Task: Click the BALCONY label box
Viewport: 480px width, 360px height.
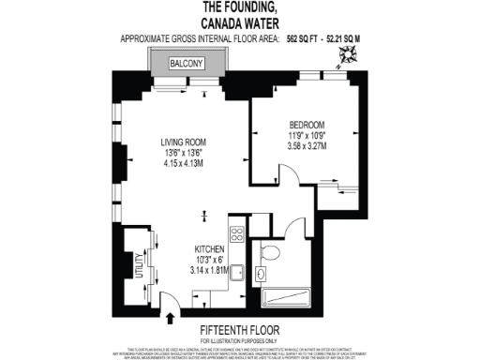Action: pos(187,64)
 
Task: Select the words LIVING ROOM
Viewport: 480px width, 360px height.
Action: pos(184,143)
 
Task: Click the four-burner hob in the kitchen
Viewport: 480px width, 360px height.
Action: pos(237,235)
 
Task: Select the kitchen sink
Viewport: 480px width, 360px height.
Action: pos(239,273)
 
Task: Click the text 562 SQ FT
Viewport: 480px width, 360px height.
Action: pos(303,38)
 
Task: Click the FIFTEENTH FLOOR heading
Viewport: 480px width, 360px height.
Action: pos(239,329)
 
